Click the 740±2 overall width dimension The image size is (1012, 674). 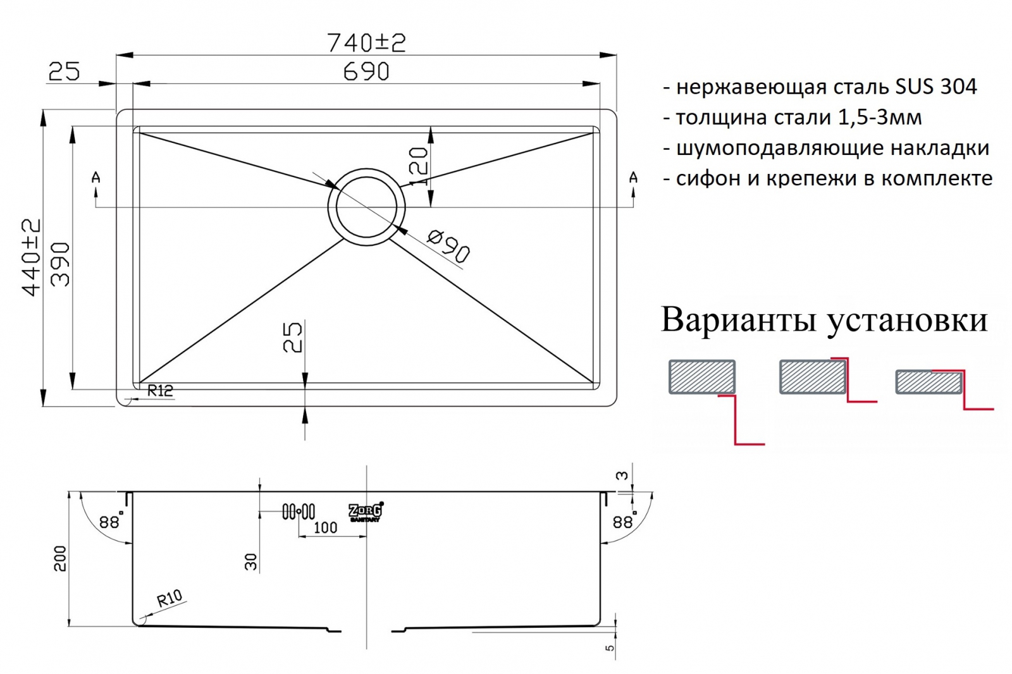(x=366, y=42)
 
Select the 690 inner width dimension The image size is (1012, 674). (x=366, y=71)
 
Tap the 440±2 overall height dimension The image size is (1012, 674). (x=31, y=257)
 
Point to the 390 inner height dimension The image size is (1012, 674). (x=60, y=264)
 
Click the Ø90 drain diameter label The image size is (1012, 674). (x=448, y=246)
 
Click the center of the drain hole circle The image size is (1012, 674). (x=366, y=206)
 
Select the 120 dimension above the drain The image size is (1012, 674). (x=419, y=166)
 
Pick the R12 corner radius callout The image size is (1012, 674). (x=159, y=391)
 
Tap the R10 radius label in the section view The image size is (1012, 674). (x=169, y=597)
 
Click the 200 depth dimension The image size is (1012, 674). (x=59, y=558)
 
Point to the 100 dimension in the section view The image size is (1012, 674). (x=325, y=527)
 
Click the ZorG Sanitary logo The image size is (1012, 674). (x=366, y=512)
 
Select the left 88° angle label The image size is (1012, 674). (x=110, y=522)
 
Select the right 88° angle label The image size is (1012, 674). (x=624, y=522)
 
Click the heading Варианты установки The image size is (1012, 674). (x=824, y=320)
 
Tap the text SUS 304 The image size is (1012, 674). (x=936, y=87)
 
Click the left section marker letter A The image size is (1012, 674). (x=96, y=178)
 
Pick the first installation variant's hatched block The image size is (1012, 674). (x=702, y=377)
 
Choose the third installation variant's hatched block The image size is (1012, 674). (x=928, y=383)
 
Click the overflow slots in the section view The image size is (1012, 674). (x=299, y=511)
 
